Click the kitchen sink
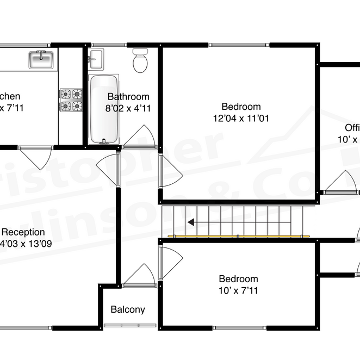41,59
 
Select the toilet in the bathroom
140,61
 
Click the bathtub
104,109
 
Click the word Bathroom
128,97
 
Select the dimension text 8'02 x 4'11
128,108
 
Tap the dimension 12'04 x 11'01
241,117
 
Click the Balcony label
128,310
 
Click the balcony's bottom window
128,326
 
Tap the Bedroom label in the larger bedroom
241,107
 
